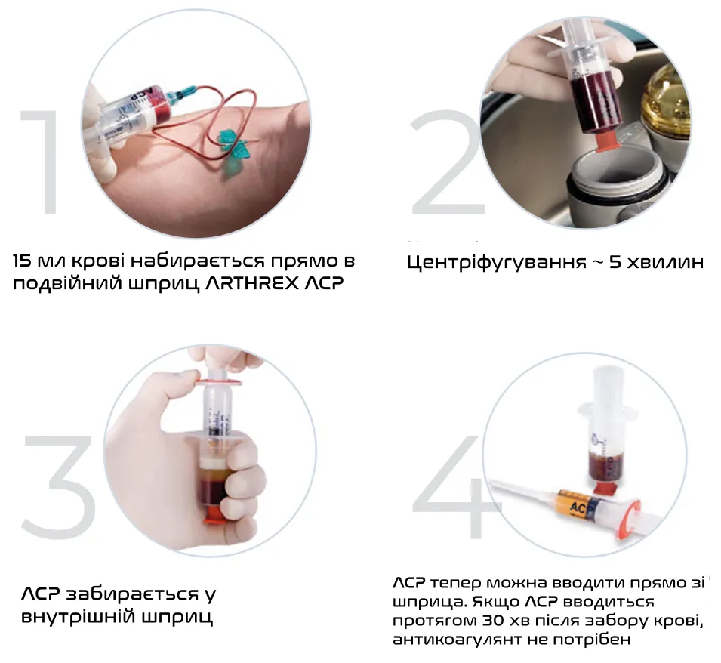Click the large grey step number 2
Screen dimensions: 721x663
point(448,162)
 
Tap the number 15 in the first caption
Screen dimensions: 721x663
point(22,261)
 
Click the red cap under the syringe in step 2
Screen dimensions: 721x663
point(604,138)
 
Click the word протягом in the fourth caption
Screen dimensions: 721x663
point(434,621)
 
